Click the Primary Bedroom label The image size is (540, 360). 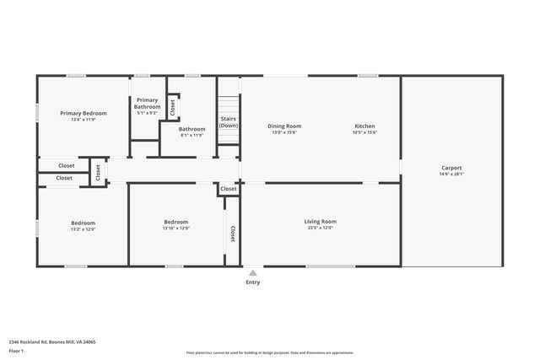[83, 113]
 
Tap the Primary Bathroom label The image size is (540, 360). [147, 104]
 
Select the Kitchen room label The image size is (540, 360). [364, 126]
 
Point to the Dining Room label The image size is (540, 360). [284, 126]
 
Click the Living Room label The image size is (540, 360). [320, 221]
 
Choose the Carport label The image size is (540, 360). [451, 168]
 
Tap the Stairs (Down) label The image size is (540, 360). [228, 122]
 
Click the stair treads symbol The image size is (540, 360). [229, 105]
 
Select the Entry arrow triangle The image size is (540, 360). [252, 272]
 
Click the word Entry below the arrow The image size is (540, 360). [252, 282]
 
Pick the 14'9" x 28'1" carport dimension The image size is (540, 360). [451, 175]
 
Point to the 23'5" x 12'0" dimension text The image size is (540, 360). [320, 228]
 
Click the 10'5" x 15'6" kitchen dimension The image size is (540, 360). [364, 132]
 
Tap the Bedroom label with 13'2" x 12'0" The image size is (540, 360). [83, 223]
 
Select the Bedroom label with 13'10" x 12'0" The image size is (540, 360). [176, 222]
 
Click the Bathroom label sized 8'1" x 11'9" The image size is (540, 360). [192, 129]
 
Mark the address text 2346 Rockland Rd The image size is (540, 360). [51, 342]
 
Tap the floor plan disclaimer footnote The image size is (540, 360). [269, 352]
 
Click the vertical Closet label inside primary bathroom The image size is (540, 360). [172, 106]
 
